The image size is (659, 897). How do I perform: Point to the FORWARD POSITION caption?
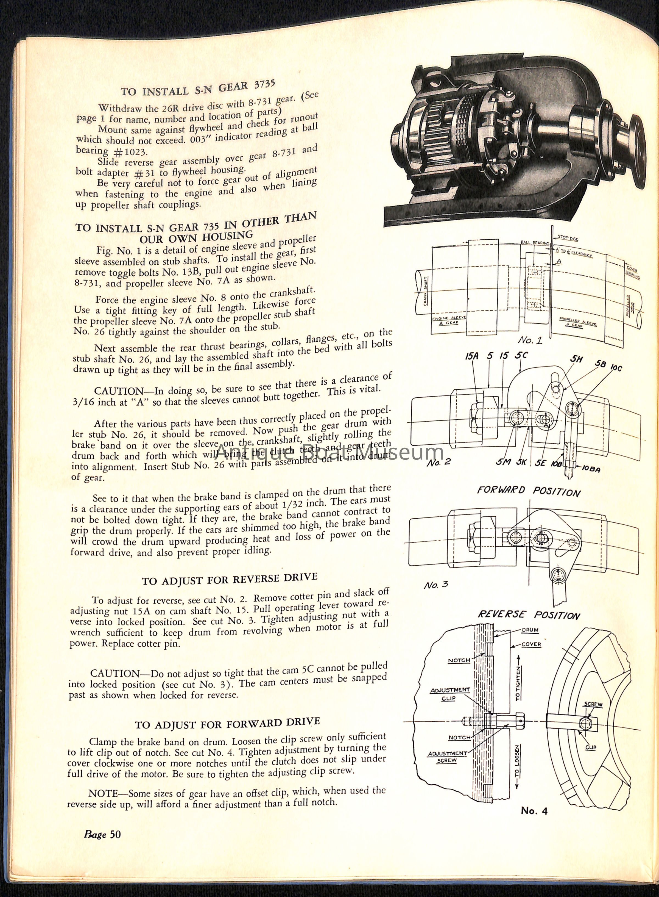(x=529, y=491)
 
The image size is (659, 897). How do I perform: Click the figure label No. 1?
(x=530, y=340)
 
